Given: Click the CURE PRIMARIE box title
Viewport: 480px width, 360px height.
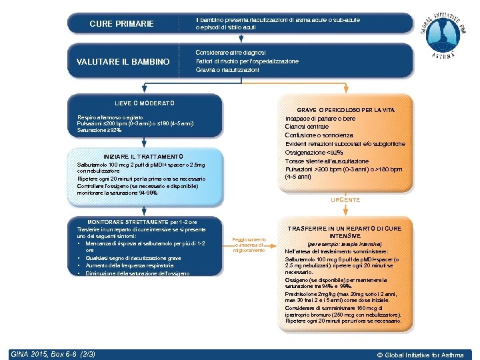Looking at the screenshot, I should (x=121, y=24).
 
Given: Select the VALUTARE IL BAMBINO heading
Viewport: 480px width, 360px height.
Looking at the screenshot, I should (x=123, y=62).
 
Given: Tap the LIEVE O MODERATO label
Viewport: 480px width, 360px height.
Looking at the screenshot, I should (x=144, y=103).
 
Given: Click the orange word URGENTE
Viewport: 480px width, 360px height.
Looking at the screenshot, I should (x=345, y=200).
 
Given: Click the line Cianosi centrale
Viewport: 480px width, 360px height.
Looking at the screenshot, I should (x=307, y=127).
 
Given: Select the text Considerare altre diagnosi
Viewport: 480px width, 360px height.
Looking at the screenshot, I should (x=231, y=52).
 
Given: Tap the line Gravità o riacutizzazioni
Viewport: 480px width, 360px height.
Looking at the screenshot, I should (x=227, y=70).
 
